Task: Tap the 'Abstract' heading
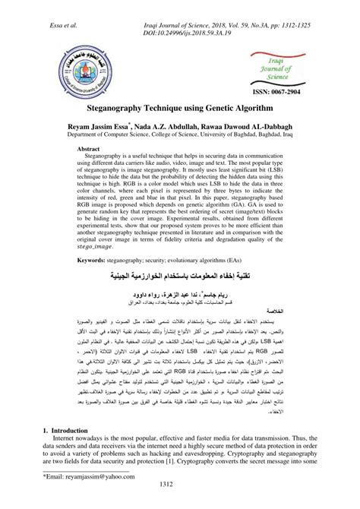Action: click(92, 171)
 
